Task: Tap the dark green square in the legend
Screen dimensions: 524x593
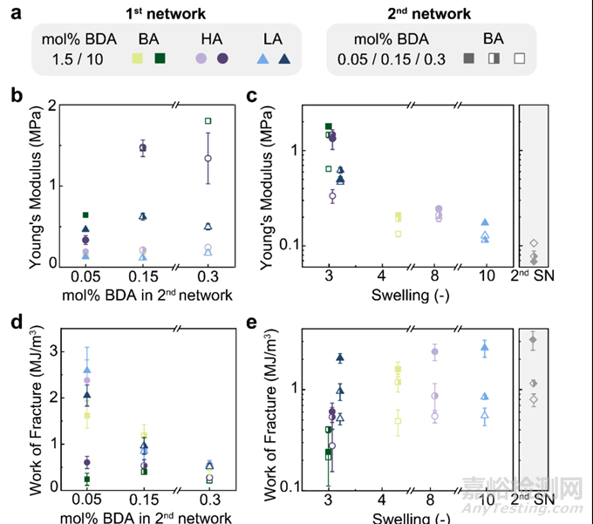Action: click(160, 58)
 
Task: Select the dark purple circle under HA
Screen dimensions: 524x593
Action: click(222, 58)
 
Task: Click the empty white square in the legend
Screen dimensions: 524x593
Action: click(520, 58)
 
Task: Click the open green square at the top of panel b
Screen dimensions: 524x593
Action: click(208, 120)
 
